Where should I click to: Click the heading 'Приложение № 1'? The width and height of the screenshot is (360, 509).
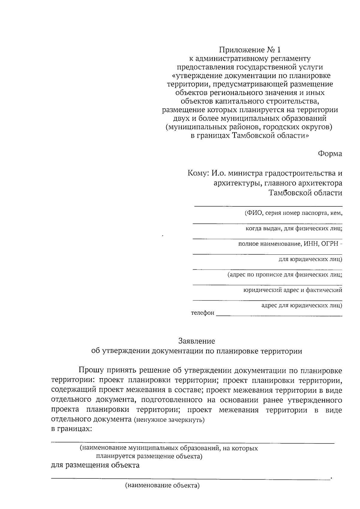pyautogui.click(x=251, y=49)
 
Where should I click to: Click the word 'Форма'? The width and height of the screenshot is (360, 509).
pyautogui.click(x=330, y=154)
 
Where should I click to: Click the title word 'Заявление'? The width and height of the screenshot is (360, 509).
pyautogui.click(x=196, y=341)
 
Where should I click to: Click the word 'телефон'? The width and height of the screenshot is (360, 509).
pyautogui.click(x=203, y=313)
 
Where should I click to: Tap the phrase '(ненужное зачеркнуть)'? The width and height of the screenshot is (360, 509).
pyautogui.click(x=169, y=420)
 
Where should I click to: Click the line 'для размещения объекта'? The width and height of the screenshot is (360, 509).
pyautogui.click(x=95, y=466)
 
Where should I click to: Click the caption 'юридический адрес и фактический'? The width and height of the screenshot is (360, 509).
pyautogui.click(x=292, y=290)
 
